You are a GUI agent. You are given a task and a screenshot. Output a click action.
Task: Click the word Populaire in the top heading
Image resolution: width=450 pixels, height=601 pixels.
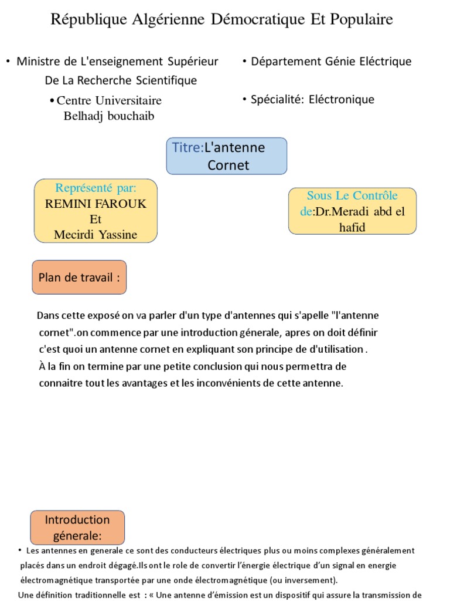click(361, 20)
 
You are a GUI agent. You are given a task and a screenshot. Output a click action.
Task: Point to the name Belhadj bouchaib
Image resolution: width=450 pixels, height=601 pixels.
click(108, 116)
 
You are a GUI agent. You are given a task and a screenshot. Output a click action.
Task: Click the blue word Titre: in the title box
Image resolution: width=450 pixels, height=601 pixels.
click(187, 147)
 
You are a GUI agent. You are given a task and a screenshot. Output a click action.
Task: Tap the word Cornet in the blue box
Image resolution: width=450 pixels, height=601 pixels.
click(228, 166)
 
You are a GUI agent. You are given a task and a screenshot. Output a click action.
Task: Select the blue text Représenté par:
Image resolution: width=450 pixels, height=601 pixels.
click(96, 188)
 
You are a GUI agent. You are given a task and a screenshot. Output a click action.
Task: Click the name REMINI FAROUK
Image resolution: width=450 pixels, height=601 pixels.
click(96, 204)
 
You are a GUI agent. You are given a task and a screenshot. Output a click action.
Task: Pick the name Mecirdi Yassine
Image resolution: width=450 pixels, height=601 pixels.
click(96, 235)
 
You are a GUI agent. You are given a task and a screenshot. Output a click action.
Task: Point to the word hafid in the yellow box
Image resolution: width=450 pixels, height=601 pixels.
click(352, 227)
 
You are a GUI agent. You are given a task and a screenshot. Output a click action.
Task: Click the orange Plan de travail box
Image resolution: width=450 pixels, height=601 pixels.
click(79, 277)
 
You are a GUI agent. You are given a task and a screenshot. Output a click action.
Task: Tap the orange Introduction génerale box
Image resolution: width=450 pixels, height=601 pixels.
click(77, 527)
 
